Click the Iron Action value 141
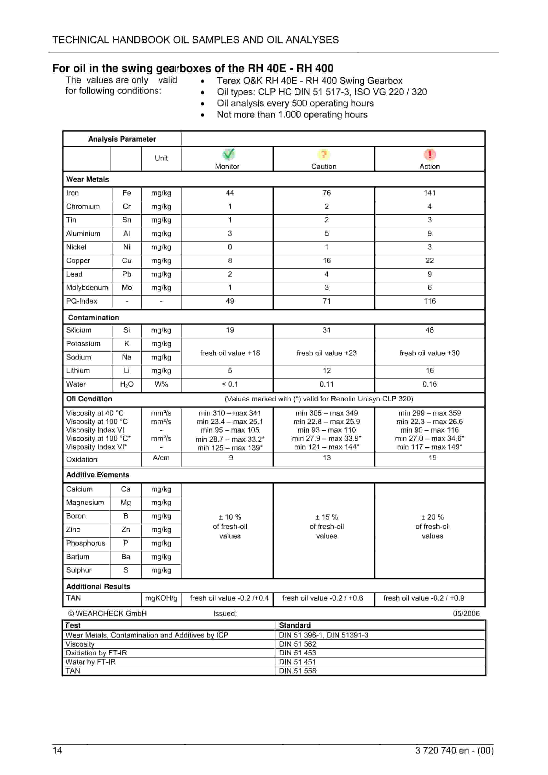click(429, 193)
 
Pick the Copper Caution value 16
click(327, 260)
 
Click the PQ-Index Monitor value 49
click(230, 301)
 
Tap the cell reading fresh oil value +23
click(327, 353)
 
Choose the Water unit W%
click(161, 384)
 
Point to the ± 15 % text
click(327, 517)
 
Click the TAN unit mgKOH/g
click(161, 598)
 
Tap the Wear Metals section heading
click(87, 179)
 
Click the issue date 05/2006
click(466, 613)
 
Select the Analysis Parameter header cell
click(122, 139)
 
